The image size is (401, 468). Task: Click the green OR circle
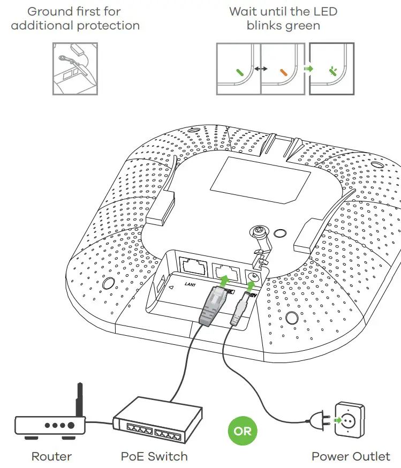pos(243,431)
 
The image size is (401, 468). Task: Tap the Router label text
pos(51,457)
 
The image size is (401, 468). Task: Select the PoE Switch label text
pos(154,457)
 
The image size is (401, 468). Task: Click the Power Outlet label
pos(351,457)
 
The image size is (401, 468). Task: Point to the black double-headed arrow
pos(261,69)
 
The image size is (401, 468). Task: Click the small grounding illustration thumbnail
pos(75,69)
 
